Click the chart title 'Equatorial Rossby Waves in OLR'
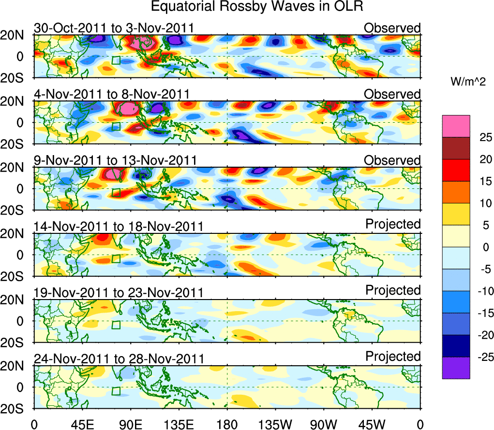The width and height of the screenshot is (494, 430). [x=257, y=7]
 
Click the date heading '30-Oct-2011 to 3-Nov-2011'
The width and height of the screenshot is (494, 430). [x=114, y=28]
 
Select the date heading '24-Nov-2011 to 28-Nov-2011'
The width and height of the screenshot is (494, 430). [x=119, y=358]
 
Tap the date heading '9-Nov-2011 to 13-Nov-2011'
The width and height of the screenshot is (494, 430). [x=115, y=160]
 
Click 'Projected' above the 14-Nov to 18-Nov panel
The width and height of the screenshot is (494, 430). [x=393, y=224]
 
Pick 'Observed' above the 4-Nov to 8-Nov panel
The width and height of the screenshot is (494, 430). [x=392, y=94]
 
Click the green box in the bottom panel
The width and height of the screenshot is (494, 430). [x=116, y=391]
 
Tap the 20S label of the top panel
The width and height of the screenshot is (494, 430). [x=16, y=78]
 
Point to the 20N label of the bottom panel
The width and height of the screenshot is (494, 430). [x=16, y=366]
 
